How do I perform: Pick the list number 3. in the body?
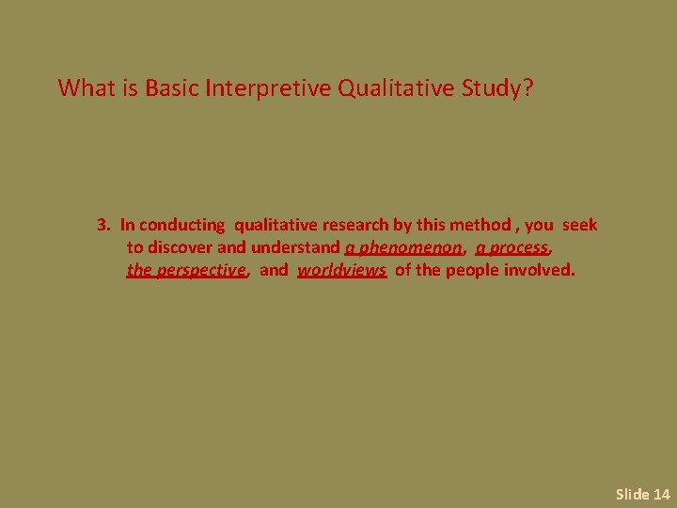point(104,225)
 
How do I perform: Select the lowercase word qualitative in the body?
point(276,225)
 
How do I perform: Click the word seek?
point(579,225)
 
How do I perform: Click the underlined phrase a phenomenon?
point(403,248)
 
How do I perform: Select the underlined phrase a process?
point(512,248)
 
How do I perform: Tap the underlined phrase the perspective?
point(186,271)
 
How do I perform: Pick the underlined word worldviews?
point(342,271)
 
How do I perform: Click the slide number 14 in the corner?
point(661,494)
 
